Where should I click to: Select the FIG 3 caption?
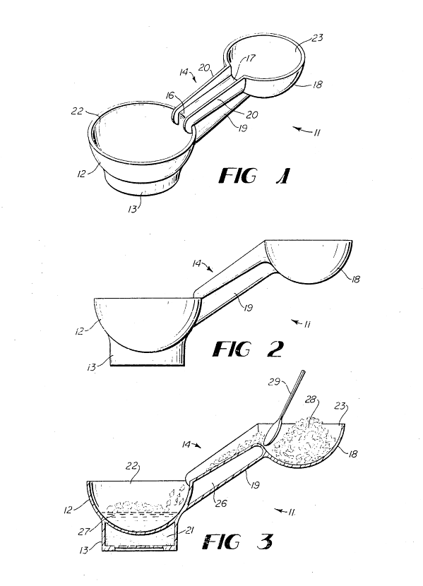point(238,542)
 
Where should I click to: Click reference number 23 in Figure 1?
point(317,37)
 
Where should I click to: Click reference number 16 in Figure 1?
point(169,96)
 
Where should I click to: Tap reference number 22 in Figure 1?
point(77,111)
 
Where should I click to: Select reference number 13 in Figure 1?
point(132,209)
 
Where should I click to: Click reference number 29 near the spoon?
point(275,381)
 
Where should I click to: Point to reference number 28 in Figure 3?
point(311,400)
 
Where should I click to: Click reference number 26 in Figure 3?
point(221,503)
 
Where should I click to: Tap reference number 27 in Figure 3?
point(83,531)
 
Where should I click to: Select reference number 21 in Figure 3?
point(189,530)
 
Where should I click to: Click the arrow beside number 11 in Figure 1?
point(302,130)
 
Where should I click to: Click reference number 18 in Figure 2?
point(355,279)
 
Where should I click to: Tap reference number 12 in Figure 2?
point(80,331)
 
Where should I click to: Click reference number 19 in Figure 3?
point(254,485)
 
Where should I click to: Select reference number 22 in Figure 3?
point(133,466)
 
